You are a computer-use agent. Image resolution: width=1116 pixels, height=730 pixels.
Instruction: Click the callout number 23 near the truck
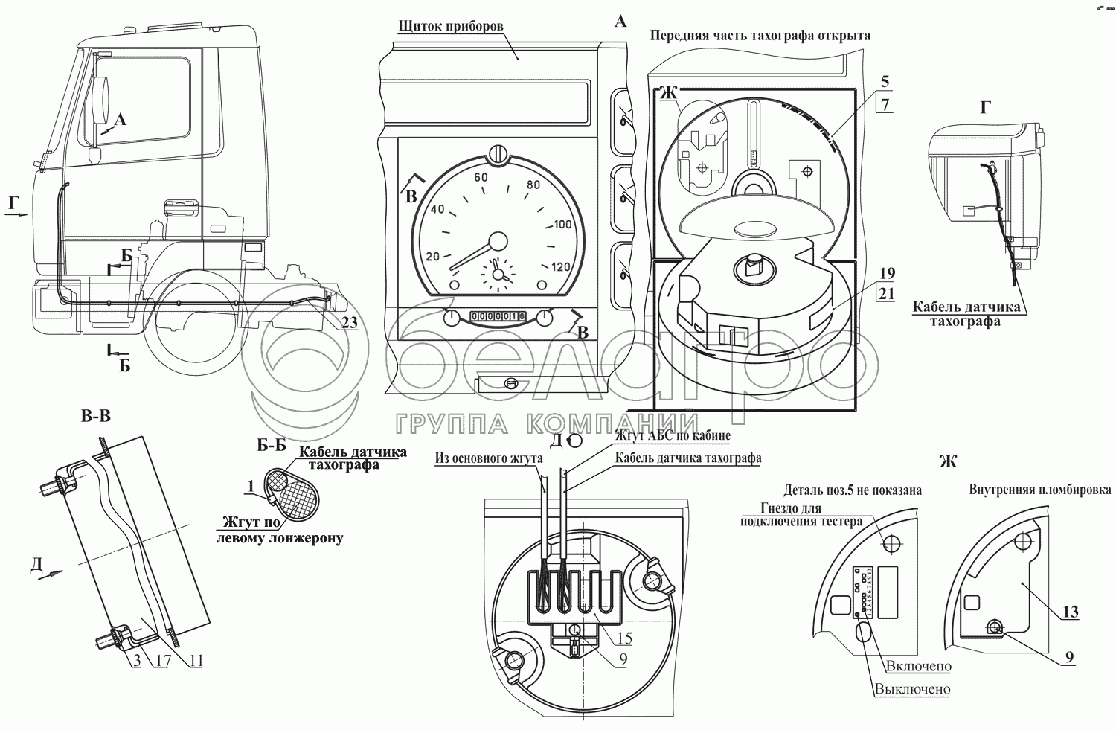349,322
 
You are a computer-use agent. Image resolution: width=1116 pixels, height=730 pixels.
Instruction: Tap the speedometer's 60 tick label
481,178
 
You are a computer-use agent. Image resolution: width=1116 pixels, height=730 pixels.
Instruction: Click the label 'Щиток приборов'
451,26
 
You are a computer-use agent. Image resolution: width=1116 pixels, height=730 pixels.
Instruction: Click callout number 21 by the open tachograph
885,293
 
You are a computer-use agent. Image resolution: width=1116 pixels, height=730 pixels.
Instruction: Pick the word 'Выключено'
912,689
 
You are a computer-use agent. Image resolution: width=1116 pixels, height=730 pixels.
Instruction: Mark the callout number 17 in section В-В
163,661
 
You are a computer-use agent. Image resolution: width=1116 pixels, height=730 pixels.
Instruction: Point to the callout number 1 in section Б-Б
252,487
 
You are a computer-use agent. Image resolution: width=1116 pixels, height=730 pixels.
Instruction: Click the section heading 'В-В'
96,417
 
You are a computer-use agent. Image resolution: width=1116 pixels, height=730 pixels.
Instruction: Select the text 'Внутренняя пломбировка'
1040,490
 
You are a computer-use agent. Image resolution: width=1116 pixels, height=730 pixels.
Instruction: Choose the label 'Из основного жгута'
489,458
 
